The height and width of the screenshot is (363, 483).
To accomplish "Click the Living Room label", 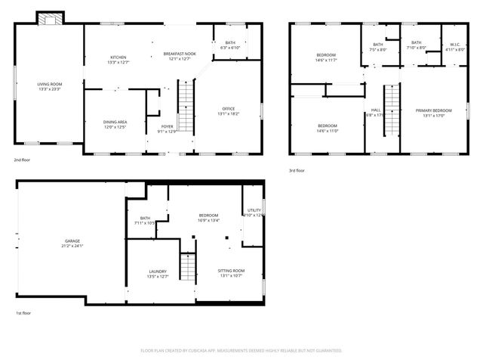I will (49, 84).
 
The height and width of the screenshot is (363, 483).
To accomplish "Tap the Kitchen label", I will (118, 57).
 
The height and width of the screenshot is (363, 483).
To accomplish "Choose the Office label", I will (229, 109).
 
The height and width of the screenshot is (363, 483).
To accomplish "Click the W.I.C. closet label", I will (454, 44).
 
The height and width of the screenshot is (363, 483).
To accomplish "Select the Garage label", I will (72, 241).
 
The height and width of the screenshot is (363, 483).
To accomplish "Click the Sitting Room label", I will (231, 271).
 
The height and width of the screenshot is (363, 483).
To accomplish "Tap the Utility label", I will (254, 210).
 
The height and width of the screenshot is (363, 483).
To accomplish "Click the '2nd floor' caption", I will (21, 160).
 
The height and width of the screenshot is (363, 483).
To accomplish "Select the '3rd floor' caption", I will (297, 171).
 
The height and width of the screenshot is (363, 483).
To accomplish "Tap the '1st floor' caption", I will (23, 313).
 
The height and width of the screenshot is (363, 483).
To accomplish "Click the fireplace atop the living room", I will (51, 17).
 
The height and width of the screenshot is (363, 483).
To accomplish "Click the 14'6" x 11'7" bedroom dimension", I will (326, 60).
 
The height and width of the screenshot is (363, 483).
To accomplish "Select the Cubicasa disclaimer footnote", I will (241, 351).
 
